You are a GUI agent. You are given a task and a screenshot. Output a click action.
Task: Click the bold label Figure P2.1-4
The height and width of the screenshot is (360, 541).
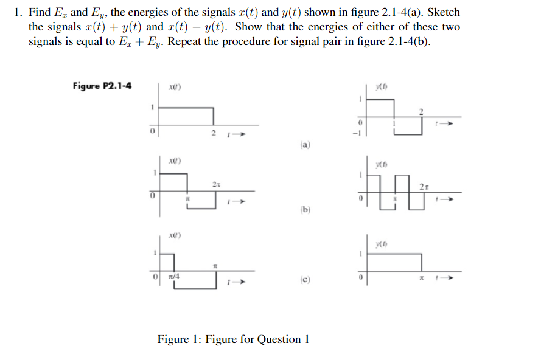tap(103, 86)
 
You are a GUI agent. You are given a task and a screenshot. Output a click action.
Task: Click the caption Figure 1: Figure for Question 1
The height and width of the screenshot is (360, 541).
tap(233, 339)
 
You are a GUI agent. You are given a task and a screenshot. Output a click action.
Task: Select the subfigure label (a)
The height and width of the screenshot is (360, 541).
tap(305, 145)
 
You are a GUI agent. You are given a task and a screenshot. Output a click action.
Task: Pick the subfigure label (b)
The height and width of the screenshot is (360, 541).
tap(305, 210)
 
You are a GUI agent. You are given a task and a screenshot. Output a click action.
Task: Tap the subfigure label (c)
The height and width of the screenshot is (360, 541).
tap(305, 281)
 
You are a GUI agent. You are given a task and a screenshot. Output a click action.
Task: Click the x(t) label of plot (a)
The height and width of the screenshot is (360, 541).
tap(175, 88)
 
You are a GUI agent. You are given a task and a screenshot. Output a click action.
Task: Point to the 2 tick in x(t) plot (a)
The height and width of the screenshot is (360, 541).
tap(213, 132)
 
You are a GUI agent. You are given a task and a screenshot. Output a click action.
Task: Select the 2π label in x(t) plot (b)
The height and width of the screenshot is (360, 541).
tap(216, 183)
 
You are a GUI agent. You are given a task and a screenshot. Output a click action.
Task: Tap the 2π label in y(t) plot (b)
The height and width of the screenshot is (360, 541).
tap(425, 185)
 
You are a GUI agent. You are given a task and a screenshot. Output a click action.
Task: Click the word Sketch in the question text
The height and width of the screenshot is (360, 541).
tap(444, 12)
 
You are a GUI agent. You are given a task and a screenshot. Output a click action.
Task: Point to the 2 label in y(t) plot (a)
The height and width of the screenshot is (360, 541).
tap(420, 110)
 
